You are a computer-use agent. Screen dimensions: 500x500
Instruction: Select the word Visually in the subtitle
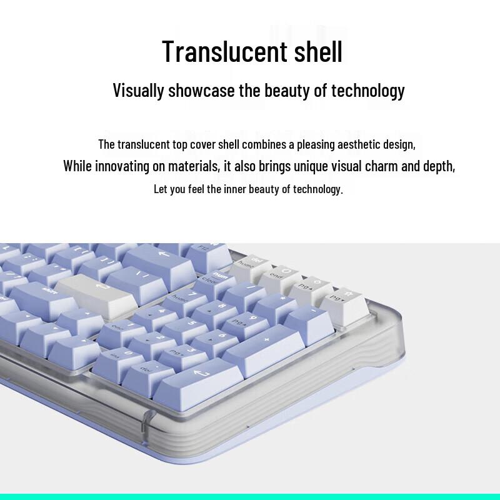tap(138, 90)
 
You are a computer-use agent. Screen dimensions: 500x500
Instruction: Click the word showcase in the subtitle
tap(201, 90)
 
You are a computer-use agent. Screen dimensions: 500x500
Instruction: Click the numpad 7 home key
tap(178, 299)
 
